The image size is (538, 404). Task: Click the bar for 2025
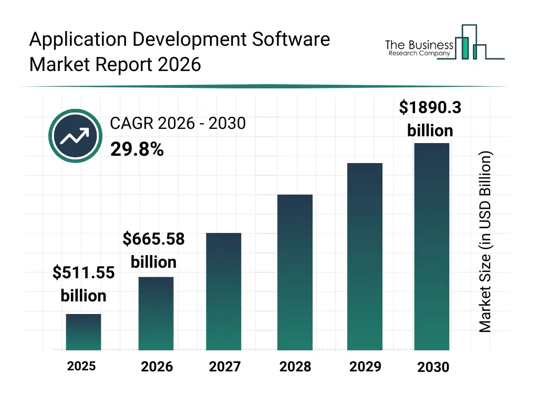[84, 332]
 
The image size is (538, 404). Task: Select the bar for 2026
[156, 314]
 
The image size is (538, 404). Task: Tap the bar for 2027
[224, 291]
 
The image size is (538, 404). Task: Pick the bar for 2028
[295, 272]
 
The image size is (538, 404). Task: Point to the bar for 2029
[365, 257]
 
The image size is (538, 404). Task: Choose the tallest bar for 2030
[432, 246]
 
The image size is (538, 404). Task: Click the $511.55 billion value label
[84, 284]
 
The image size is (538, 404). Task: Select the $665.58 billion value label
[153, 250]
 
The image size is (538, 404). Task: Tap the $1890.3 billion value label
[430, 118]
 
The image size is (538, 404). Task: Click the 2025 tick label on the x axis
[81, 366]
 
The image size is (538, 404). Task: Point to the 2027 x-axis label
[224, 367]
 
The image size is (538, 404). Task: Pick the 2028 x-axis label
[295, 367]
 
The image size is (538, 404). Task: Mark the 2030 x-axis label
[433, 367]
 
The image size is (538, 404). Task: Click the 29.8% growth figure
[137, 150]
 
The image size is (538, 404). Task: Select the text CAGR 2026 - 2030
[178, 124]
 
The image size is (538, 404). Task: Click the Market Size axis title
[485, 242]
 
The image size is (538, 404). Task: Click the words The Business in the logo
[419, 45]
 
